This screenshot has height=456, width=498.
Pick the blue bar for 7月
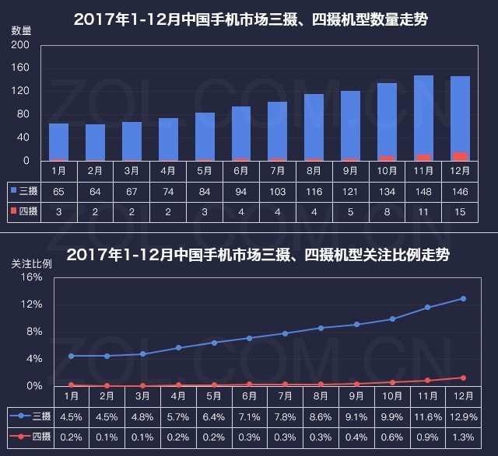click(x=277, y=131)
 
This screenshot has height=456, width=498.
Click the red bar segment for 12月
click(x=460, y=156)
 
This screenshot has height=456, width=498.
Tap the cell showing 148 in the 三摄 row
click(x=423, y=190)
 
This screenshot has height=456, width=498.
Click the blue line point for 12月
click(x=463, y=298)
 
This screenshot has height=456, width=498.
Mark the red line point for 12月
click(x=463, y=378)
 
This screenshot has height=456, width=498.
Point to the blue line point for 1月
click(x=71, y=356)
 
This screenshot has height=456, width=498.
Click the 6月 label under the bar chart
click(x=240, y=170)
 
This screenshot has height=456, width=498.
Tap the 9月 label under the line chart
click(x=357, y=396)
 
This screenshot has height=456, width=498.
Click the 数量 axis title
click(x=22, y=30)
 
